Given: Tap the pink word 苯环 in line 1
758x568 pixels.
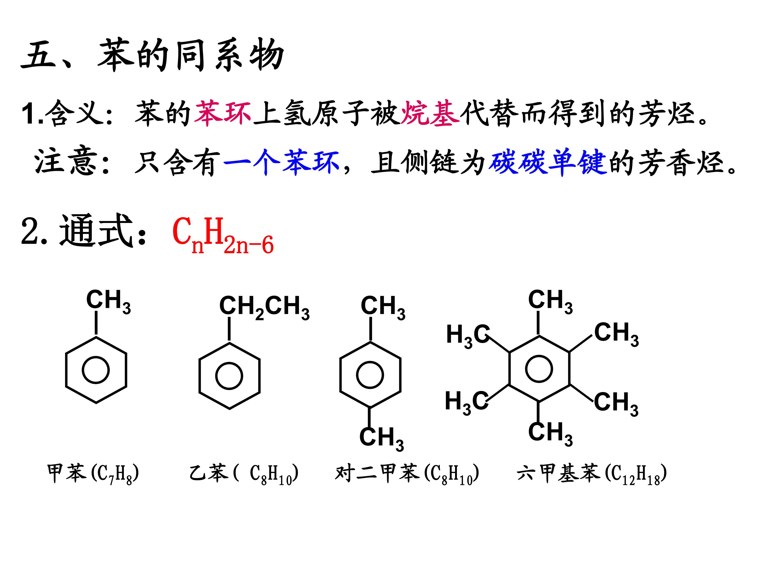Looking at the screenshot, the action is pyautogui.click(x=223, y=113).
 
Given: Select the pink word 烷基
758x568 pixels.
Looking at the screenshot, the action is pyautogui.click(x=430, y=113).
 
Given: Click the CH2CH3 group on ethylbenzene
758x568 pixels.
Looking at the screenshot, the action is pyautogui.click(x=264, y=308).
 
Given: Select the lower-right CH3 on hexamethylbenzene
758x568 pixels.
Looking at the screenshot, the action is pyautogui.click(x=616, y=404).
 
